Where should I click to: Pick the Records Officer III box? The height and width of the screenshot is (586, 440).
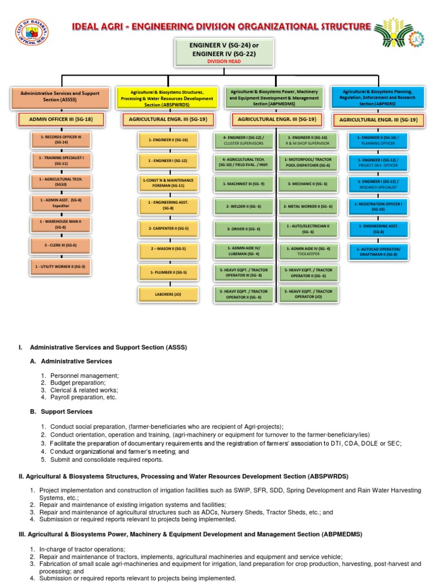click(60, 140)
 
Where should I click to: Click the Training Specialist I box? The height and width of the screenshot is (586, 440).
click(60, 161)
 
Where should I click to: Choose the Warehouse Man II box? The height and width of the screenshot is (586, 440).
click(60, 224)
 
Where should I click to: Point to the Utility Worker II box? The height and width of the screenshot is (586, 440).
click(60, 267)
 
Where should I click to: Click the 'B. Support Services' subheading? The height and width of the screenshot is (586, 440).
click(61, 411)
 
